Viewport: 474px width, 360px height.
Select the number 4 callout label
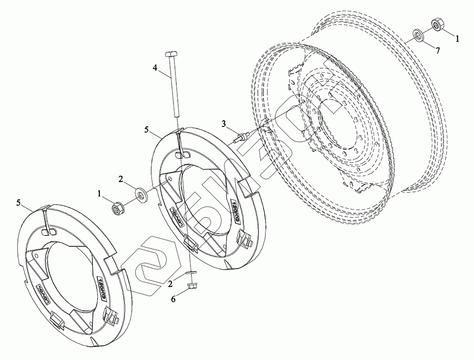pos(155,68)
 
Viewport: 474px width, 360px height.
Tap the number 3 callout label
pos(223,124)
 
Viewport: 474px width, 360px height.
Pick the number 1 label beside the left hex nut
pos(99,193)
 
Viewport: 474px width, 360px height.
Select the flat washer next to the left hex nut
pos(140,194)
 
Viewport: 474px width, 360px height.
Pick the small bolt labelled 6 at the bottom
pos(192,286)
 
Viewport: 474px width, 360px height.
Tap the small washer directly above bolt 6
pos(191,273)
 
